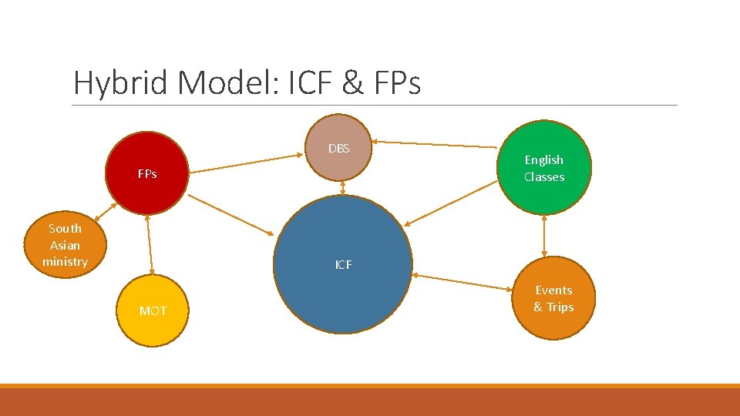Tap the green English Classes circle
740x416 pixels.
(544, 168)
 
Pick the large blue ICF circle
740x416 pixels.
(343, 264)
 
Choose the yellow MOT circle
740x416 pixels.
(153, 310)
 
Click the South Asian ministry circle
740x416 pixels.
(66, 245)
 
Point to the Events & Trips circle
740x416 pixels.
(553, 299)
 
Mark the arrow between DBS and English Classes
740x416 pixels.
(436, 144)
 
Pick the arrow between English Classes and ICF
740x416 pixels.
(452, 202)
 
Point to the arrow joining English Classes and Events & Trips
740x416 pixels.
(544, 235)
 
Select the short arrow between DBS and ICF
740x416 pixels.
(342, 187)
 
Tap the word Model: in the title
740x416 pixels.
(228, 83)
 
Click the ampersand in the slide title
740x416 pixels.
(353, 83)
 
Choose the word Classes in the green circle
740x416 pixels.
(544, 177)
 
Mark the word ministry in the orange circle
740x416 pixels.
(66, 262)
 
